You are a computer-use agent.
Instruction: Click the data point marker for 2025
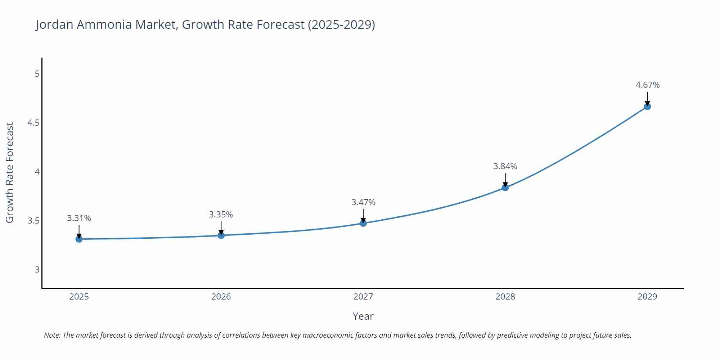[x=79, y=239]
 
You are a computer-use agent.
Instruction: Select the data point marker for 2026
[x=221, y=235]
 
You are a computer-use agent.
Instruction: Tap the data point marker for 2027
[x=363, y=223]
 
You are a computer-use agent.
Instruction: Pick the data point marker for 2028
[x=505, y=188]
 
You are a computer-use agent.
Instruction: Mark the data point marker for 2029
[x=647, y=107]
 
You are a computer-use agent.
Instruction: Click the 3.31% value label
[x=79, y=218]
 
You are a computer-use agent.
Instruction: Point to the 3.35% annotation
[x=221, y=215]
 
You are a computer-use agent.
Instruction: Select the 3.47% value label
[x=363, y=202]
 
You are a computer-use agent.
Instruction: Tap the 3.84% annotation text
[x=505, y=166]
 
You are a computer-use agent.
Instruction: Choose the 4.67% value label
[x=647, y=85]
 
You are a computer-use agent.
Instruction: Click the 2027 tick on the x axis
[x=363, y=297]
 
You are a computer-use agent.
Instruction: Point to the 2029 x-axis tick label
[x=647, y=297]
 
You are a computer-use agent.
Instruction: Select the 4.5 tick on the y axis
[x=33, y=123]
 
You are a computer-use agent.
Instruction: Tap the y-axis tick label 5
[x=37, y=74]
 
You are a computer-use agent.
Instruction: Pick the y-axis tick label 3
[x=37, y=270]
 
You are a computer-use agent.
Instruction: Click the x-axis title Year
[x=363, y=316]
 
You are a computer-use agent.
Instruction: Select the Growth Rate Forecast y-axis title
[x=10, y=172]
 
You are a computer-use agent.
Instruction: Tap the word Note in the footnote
[x=52, y=335]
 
